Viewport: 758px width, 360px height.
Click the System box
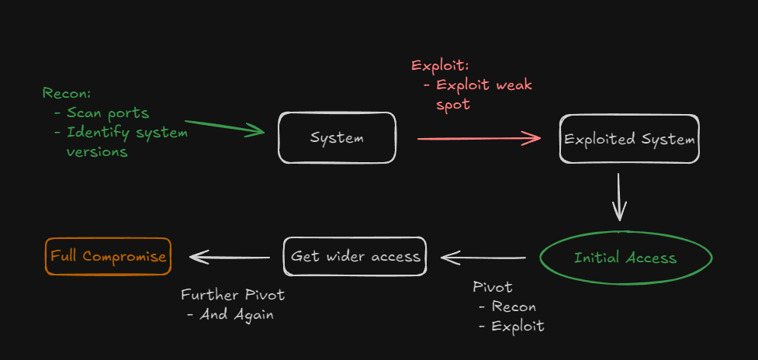coord(337,138)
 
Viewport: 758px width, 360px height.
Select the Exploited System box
coord(629,139)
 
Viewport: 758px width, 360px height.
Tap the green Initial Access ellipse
coord(625,258)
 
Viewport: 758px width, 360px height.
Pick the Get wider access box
coord(355,256)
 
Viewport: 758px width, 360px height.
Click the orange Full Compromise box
coord(109,256)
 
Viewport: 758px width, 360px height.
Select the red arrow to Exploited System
coord(479,139)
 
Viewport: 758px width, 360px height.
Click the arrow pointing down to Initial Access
coord(619,197)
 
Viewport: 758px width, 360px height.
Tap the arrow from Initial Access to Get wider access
coord(483,258)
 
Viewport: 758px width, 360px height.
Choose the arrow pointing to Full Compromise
coord(230,257)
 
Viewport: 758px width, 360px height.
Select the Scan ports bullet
coord(102,113)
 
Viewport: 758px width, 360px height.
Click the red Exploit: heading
coord(440,65)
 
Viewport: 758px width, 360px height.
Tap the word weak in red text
coord(514,85)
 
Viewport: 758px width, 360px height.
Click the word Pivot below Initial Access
coord(493,287)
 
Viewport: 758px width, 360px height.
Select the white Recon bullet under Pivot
coord(507,306)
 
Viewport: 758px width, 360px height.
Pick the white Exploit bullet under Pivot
coord(511,326)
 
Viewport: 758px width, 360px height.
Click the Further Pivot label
coord(233,295)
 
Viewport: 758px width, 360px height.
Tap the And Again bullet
coord(230,314)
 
